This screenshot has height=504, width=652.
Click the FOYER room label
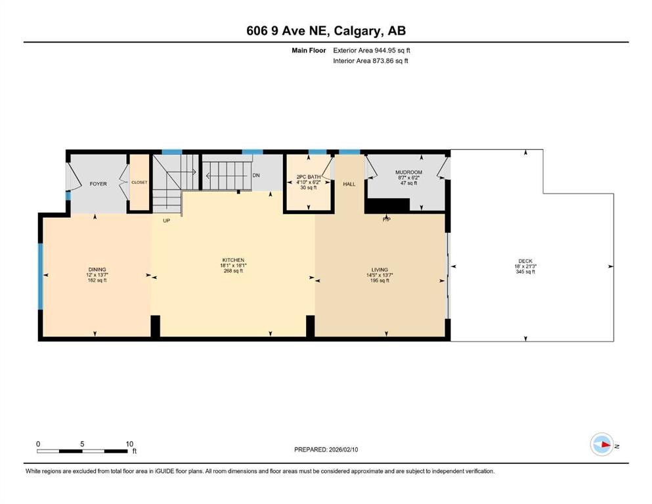pyautogui.click(x=98, y=184)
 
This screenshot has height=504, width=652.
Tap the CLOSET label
pyautogui.click(x=139, y=182)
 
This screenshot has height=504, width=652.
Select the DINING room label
pyautogui.click(x=97, y=270)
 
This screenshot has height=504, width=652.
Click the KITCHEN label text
pyautogui.click(x=232, y=260)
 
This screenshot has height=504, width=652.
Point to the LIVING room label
pyautogui.click(x=379, y=270)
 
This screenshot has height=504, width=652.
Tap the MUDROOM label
pyautogui.click(x=408, y=172)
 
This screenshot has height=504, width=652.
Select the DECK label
pyautogui.click(x=525, y=261)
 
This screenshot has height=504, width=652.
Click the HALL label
pyautogui.click(x=349, y=184)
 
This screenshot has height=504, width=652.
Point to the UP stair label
pyautogui.click(x=166, y=221)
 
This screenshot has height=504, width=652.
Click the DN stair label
pyautogui.click(x=256, y=175)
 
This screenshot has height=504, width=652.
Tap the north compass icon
pyautogui.click(x=601, y=444)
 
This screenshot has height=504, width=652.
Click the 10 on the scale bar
pyautogui.click(x=129, y=444)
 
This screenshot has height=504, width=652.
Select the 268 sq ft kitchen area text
pyautogui.click(x=232, y=271)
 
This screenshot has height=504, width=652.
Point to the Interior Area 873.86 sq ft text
pyautogui.click(x=370, y=61)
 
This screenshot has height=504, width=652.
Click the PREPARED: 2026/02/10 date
pyautogui.click(x=326, y=450)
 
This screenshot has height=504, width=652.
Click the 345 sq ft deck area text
pyautogui.click(x=525, y=272)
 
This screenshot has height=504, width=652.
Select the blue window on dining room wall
pyautogui.click(x=40, y=276)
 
